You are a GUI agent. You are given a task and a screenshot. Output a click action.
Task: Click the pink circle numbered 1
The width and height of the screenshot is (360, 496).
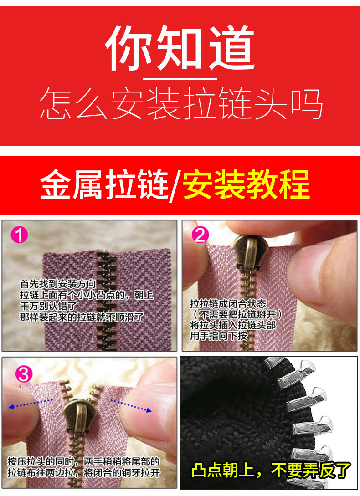[20, 235]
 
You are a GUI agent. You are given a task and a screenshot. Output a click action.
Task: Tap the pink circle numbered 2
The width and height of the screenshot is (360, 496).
[200, 235]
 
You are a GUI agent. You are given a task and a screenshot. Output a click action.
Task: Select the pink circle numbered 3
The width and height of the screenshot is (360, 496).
[24, 374]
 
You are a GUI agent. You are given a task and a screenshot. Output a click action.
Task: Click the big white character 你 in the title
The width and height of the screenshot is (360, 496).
[129, 48]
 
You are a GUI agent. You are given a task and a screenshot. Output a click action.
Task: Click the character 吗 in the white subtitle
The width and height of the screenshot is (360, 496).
[307, 103]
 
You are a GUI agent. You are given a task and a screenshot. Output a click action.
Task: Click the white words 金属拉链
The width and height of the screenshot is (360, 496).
[104, 184]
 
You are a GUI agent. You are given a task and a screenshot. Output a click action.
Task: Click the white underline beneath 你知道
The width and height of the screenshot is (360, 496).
[180, 78]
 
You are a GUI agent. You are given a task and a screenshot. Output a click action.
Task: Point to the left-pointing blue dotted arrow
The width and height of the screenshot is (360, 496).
[30, 404]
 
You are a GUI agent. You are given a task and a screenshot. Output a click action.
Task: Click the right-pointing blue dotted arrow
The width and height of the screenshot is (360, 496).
[131, 405]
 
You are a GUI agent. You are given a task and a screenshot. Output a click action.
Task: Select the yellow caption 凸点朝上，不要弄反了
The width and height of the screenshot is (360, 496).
[271, 470]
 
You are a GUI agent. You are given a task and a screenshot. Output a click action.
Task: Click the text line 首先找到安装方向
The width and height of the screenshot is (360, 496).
[57, 284]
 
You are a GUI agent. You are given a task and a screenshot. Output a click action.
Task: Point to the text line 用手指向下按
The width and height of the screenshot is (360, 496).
[218, 336]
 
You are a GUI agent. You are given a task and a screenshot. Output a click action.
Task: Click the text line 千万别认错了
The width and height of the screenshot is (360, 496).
[48, 306]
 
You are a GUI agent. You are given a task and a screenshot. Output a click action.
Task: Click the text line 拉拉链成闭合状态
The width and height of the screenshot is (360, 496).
[228, 304]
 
